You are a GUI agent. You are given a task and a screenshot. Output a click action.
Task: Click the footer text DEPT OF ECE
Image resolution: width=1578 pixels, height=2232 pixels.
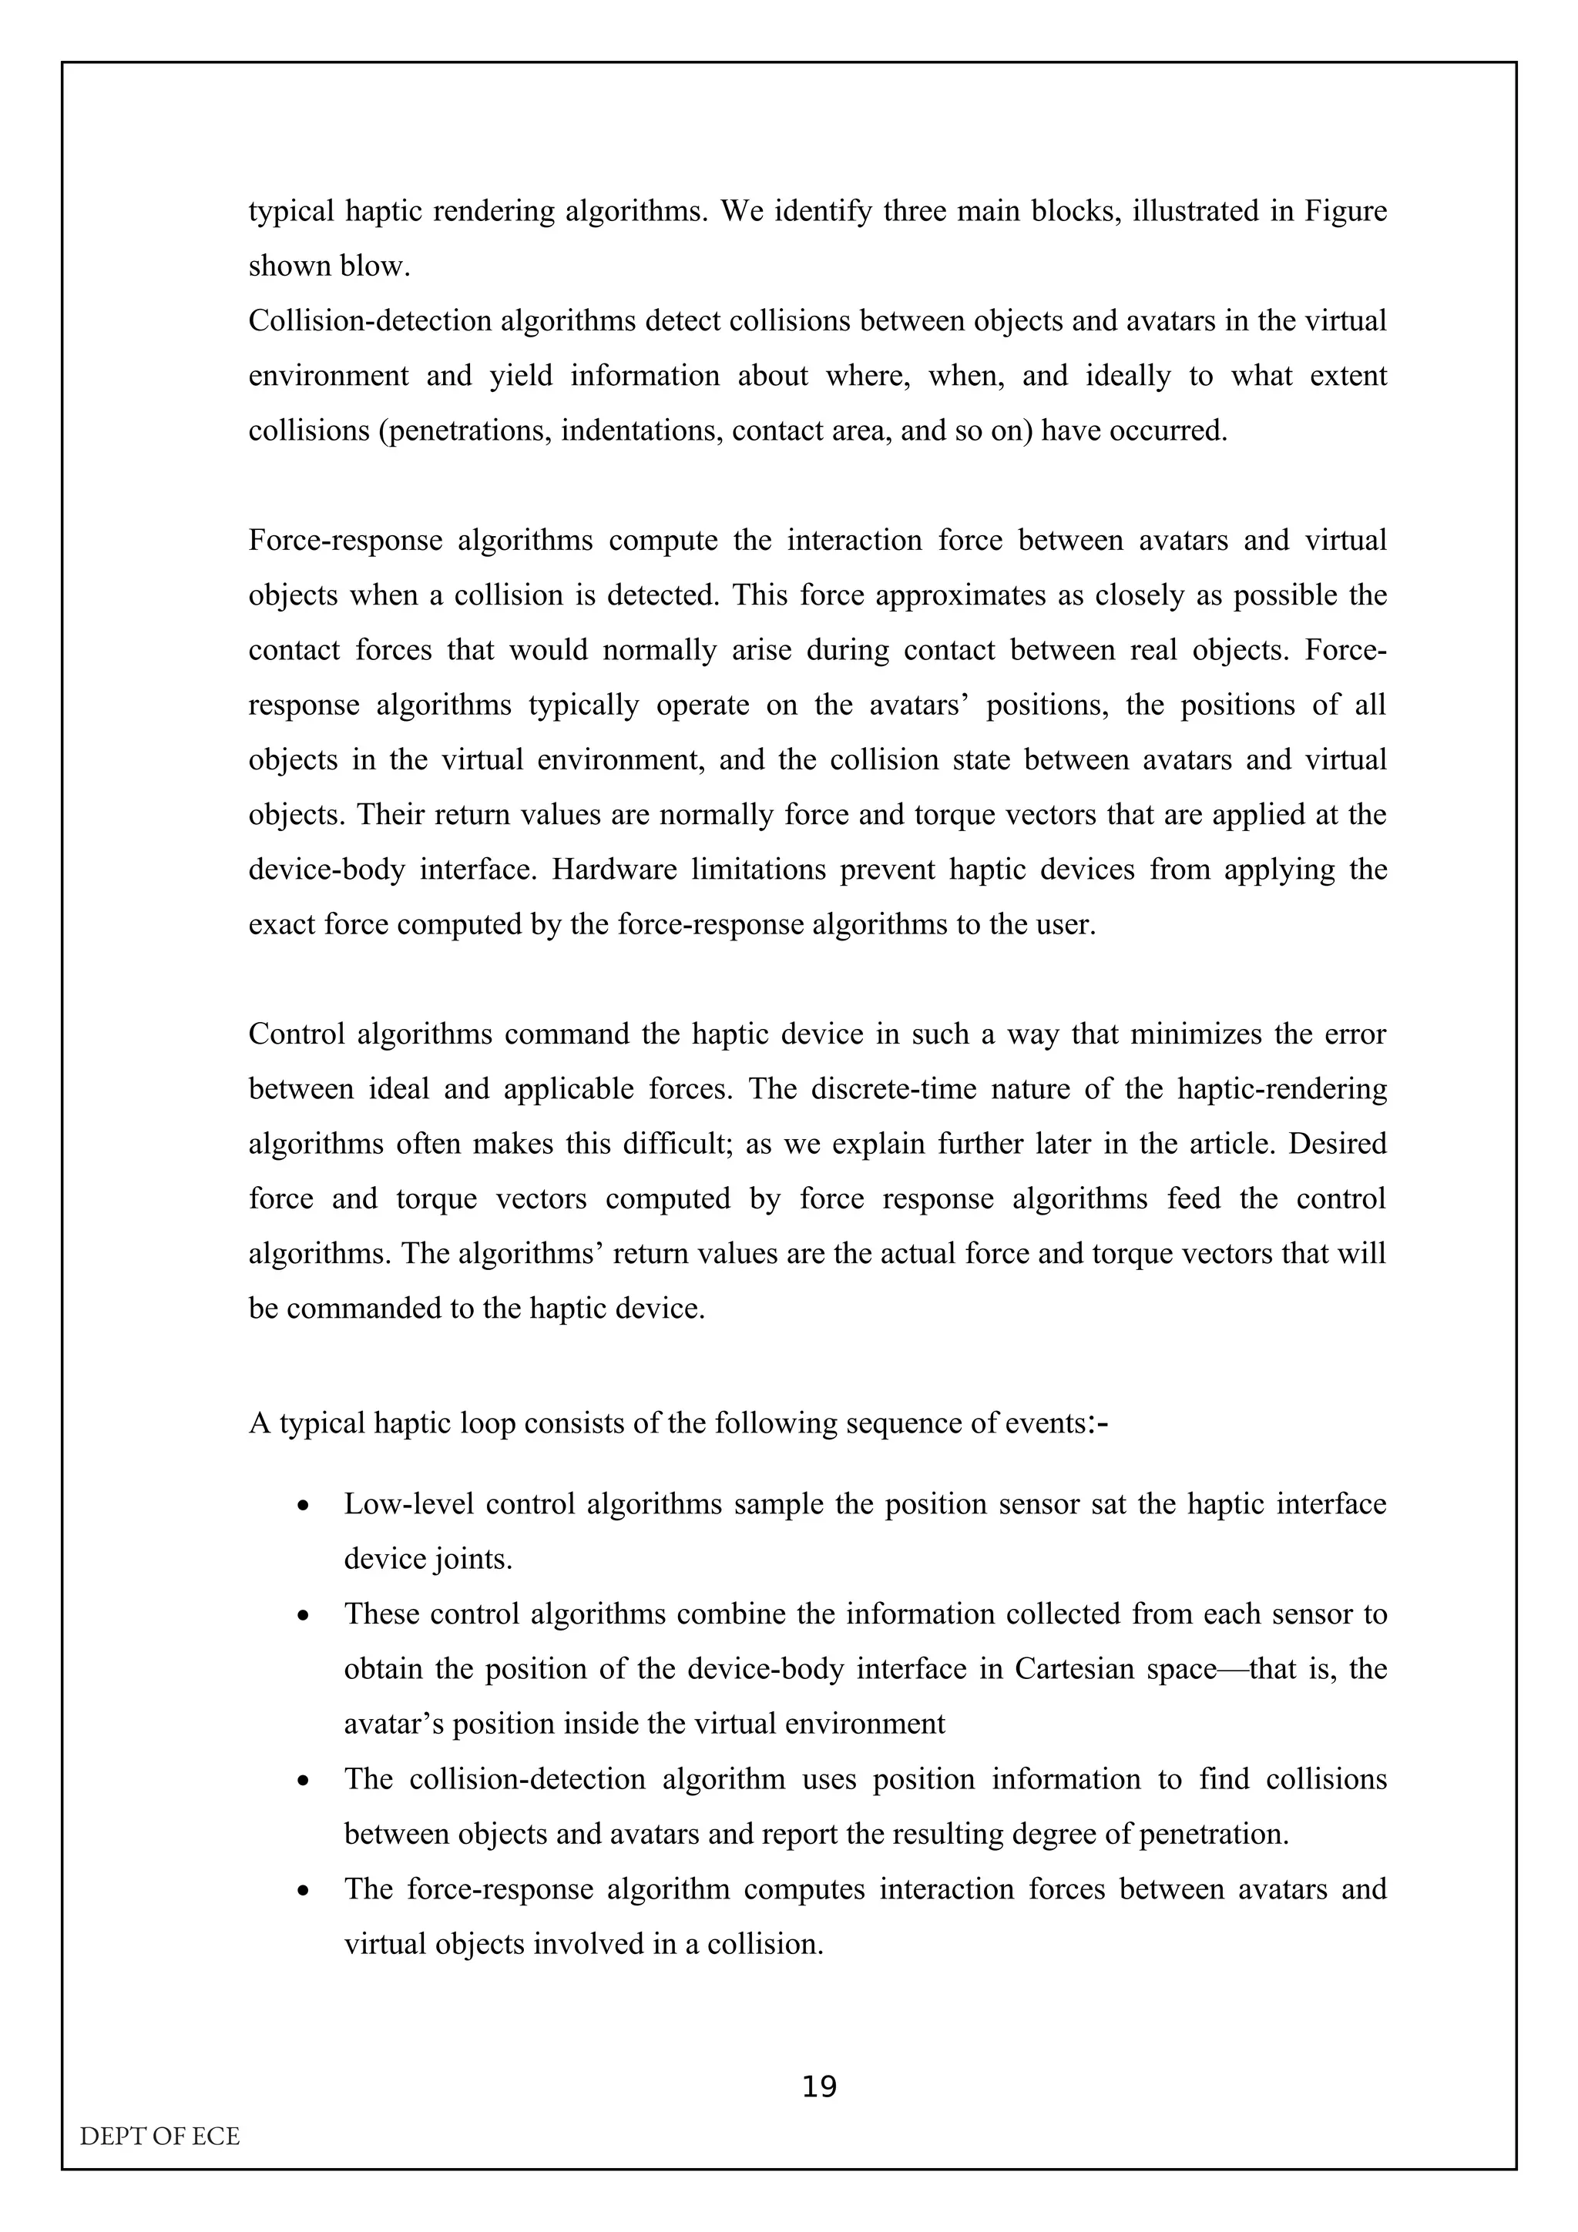159,2136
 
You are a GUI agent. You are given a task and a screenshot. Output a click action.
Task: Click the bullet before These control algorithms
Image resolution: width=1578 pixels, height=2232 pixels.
304,1616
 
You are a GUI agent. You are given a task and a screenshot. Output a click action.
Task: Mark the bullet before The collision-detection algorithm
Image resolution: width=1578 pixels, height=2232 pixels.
304,1781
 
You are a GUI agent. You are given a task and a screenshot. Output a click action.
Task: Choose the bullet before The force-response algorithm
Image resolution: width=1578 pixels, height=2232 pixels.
304,1891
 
